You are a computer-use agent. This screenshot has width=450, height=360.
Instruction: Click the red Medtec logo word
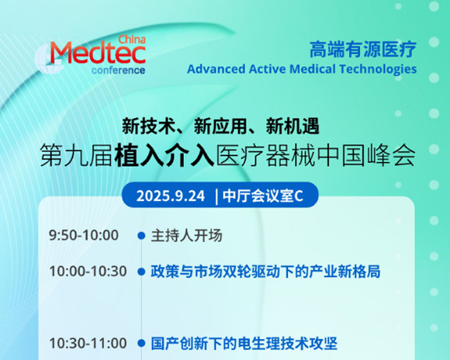[x=99, y=53]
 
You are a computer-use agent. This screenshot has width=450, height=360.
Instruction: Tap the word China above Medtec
[x=132, y=40]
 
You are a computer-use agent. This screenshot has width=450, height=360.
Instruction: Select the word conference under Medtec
[x=118, y=71]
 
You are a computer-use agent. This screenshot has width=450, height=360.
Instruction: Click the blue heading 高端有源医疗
[x=363, y=50]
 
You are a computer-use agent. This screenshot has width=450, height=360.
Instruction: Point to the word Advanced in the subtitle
[x=216, y=69]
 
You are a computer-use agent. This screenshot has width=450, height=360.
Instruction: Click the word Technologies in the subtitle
[x=378, y=70]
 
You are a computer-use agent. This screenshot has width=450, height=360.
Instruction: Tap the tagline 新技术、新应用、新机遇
[x=220, y=126]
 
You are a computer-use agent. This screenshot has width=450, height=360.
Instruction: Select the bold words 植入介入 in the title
[x=164, y=156]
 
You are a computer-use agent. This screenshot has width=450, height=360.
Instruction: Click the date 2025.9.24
[x=171, y=196]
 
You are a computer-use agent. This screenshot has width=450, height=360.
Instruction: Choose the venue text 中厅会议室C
[x=263, y=196]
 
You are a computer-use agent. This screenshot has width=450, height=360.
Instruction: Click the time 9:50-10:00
[x=84, y=235]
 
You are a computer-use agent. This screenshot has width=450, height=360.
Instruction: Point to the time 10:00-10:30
[x=88, y=272]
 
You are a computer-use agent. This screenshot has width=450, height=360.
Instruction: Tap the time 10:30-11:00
[x=88, y=343]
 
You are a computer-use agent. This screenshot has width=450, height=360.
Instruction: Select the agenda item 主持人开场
[x=186, y=235]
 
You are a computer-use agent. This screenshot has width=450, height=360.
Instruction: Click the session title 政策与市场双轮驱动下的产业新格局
[x=265, y=272]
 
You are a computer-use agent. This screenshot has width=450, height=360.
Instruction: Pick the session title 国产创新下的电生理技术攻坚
[x=244, y=344]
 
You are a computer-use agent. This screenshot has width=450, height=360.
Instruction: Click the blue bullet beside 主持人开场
[x=141, y=235]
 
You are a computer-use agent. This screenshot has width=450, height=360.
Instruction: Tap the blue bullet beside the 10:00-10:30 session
[x=141, y=272]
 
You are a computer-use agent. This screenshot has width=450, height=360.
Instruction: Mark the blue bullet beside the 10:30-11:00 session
[x=141, y=343]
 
